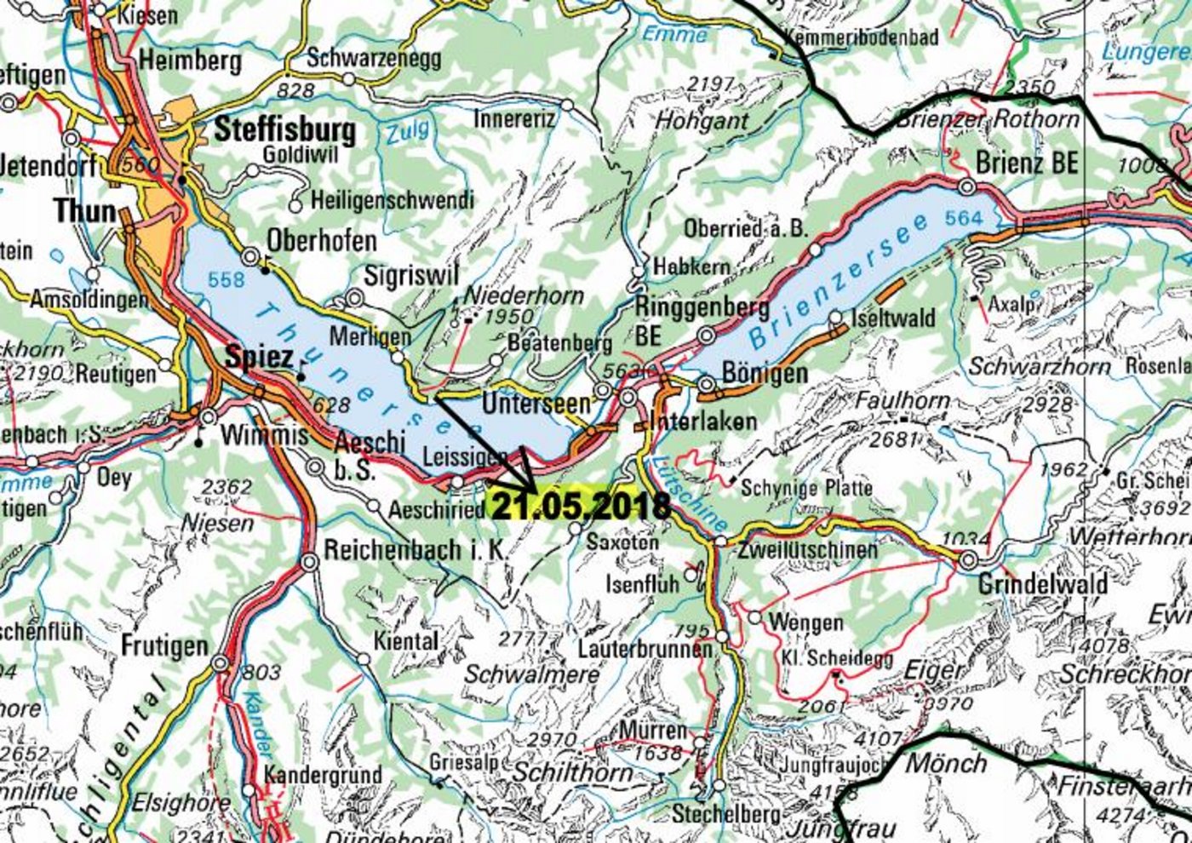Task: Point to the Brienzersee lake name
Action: [x=839, y=280]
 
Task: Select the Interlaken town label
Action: [x=702, y=421]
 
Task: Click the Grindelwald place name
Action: [x=1042, y=584]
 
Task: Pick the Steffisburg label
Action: [x=284, y=130]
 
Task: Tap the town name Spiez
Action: [x=259, y=358]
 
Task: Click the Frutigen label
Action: [x=164, y=646]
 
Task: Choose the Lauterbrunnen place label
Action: [x=645, y=649]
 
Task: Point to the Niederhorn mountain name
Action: [x=524, y=295]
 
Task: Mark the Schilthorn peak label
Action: [x=573, y=772]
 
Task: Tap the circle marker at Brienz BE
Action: [x=966, y=186]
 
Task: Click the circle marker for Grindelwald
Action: [x=968, y=561]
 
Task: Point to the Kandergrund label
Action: [x=323, y=775]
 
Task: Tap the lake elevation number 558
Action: [x=226, y=279]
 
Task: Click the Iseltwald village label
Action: [x=894, y=318]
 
